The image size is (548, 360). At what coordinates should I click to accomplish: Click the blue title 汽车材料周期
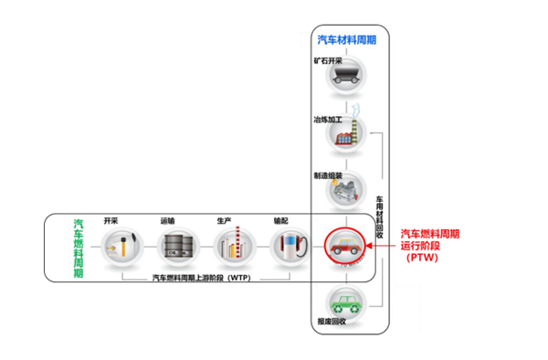[346, 40]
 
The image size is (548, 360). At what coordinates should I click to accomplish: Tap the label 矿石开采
[328, 61]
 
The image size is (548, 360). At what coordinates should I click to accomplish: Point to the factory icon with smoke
[343, 134]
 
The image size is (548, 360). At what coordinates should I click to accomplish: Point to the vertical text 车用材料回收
[380, 216]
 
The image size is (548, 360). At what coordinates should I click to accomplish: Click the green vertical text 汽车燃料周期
[78, 248]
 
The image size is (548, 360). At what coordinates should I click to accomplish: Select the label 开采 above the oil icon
[111, 220]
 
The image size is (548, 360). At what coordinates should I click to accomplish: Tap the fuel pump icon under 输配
[289, 246]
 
